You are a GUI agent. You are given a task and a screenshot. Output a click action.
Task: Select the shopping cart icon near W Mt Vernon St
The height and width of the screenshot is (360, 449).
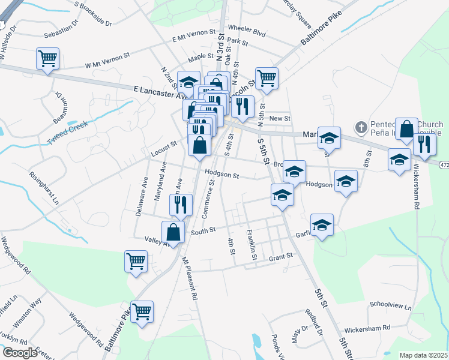pos(47,59)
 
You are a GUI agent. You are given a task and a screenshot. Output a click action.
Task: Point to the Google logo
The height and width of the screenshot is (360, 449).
pos(19,353)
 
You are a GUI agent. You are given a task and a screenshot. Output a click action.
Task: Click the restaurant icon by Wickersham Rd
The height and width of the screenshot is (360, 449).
pos(424,145)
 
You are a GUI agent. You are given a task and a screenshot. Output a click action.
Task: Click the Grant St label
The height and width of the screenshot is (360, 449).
pos(280,256)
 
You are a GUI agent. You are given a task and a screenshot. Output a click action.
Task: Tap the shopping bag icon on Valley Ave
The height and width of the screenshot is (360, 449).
pos(173,232)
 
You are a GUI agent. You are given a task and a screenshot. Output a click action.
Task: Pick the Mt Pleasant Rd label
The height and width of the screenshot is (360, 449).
pos(190,278)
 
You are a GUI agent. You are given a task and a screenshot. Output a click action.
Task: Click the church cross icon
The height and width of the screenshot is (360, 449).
pos(360,127)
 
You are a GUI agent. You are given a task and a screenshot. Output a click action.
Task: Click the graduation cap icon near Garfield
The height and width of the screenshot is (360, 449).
pos(322,225)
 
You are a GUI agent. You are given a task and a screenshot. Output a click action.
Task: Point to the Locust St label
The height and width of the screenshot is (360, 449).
pos(164,148)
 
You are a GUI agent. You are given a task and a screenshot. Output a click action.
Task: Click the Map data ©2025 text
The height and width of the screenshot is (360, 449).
pos(423,355)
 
